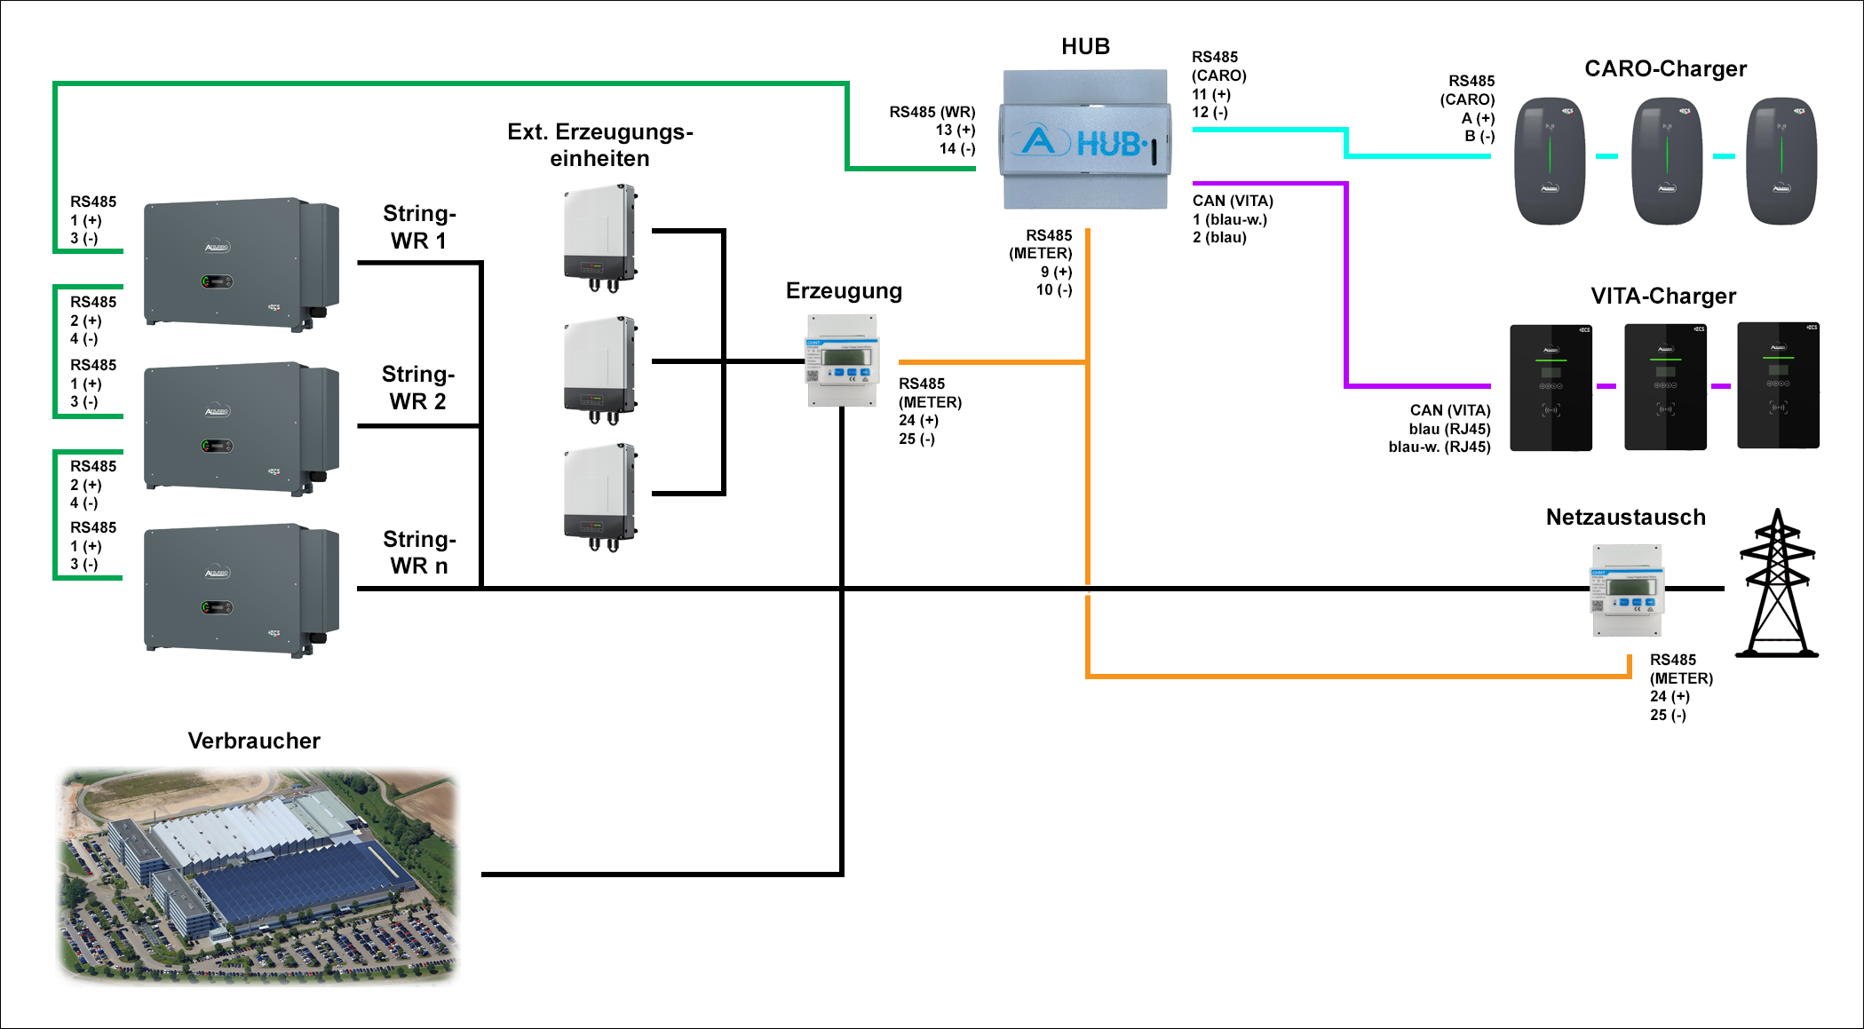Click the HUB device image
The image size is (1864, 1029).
click(x=1085, y=140)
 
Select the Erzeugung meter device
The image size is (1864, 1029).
click(x=842, y=360)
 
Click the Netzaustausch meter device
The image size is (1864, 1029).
click(x=1627, y=590)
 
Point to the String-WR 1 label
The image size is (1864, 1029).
click(x=419, y=227)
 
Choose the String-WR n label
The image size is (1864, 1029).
click(x=419, y=552)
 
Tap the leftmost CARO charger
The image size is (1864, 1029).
click(x=1550, y=161)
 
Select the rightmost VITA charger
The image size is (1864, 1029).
click(x=1778, y=385)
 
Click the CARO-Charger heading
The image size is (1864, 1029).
click(x=1665, y=69)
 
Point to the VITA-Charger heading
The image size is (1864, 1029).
click(x=1663, y=297)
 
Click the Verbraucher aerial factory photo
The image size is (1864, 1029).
click(x=258, y=875)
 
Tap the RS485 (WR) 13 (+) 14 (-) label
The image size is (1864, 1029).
click(x=932, y=131)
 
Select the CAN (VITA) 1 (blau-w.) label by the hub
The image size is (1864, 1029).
click(x=1233, y=219)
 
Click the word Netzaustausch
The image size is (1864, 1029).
click(x=1625, y=518)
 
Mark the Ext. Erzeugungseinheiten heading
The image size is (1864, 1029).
click(x=600, y=146)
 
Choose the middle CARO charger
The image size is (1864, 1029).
click(x=1667, y=161)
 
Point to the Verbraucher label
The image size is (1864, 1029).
click(x=254, y=741)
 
